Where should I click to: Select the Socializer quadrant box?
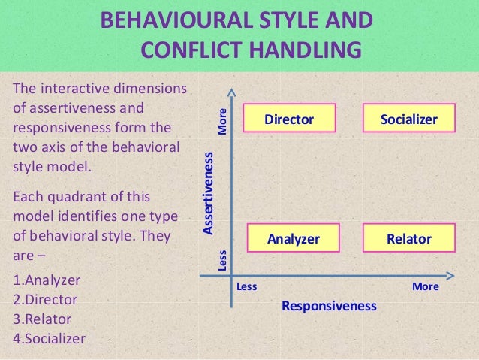[408, 119]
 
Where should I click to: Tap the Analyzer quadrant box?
[294, 239]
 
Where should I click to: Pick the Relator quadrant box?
[408, 239]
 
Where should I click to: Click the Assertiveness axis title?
[209, 192]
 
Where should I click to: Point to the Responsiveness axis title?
[328, 306]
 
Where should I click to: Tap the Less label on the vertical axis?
[222, 259]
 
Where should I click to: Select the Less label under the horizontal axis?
[246, 286]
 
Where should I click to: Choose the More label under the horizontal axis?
[425, 286]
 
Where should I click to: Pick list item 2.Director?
[46, 299]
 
